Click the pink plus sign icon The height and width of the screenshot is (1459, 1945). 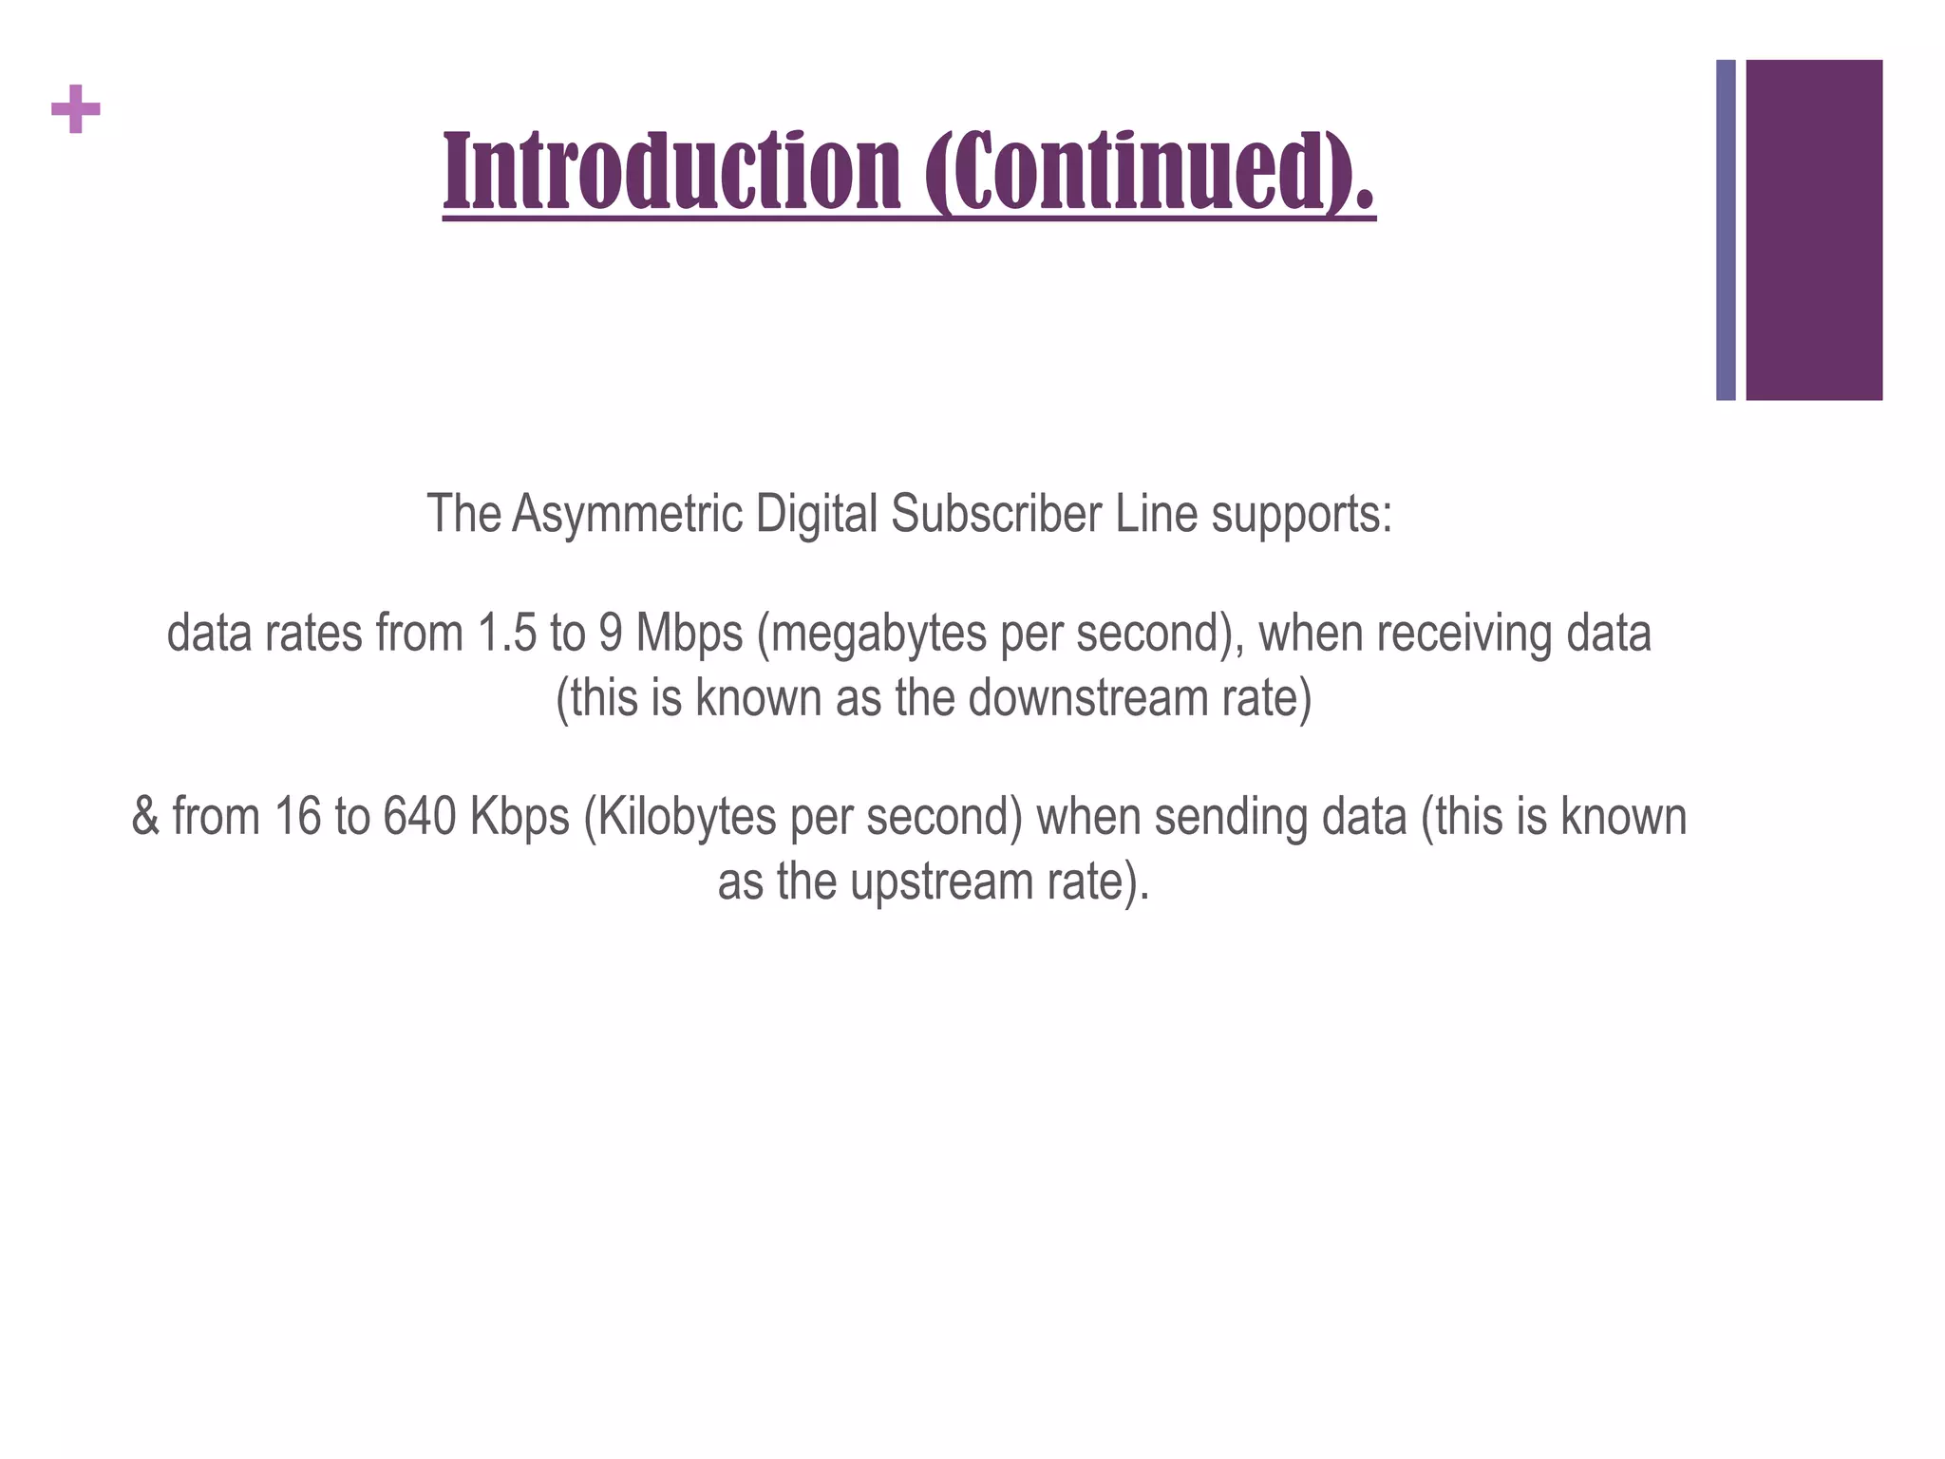(x=76, y=109)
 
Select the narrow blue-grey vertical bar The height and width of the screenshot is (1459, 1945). (x=1726, y=230)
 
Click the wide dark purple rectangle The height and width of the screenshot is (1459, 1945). (x=1814, y=230)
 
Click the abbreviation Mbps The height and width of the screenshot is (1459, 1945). (x=689, y=634)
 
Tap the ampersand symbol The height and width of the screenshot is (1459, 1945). (x=145, y=817)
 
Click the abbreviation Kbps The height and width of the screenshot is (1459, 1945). (x=519, y=817)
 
